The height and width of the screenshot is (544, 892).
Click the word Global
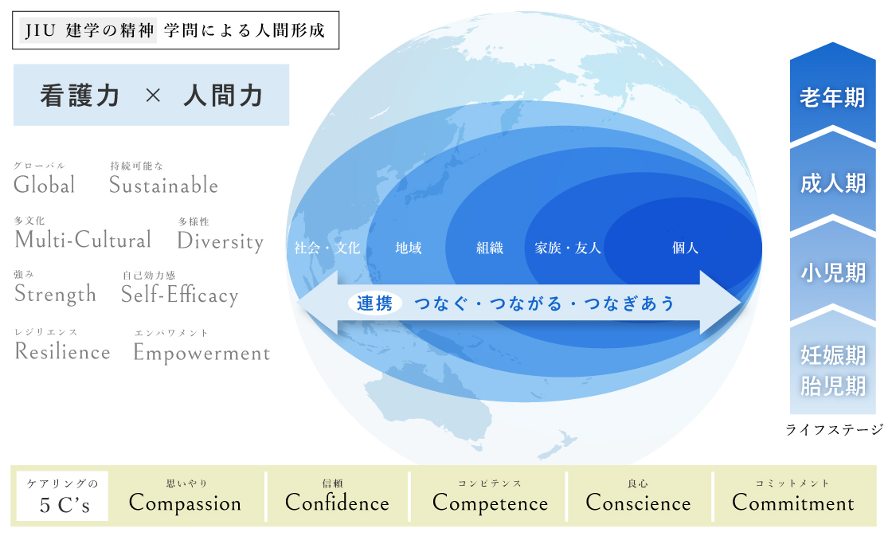click(45, 185)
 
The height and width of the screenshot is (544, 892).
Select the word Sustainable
click(164, 185)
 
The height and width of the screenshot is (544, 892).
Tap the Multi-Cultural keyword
click(83, 240)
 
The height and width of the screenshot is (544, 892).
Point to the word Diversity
click(221, 241)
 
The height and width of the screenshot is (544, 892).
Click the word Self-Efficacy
click(180, 295)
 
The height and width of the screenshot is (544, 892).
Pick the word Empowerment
click(202, 354)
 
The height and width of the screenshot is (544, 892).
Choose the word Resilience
click(63, 352)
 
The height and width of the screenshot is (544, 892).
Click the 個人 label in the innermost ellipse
click(685, 248)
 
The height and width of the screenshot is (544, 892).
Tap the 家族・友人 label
click(568, 248)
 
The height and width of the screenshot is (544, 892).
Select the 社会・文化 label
click(327, 248)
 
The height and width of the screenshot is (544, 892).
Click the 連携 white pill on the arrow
click(375, 303)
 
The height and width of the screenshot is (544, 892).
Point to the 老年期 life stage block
click(833, 94)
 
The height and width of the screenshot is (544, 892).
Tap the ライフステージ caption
click(835, 429)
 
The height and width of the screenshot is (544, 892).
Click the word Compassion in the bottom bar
click(186, 503)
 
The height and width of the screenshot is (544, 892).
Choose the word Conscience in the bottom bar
click(638, 503)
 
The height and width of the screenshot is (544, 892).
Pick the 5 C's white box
click(62, 496)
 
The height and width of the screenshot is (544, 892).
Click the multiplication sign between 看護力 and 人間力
click(152, 96)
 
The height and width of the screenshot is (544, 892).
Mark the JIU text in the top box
click(40, 30)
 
